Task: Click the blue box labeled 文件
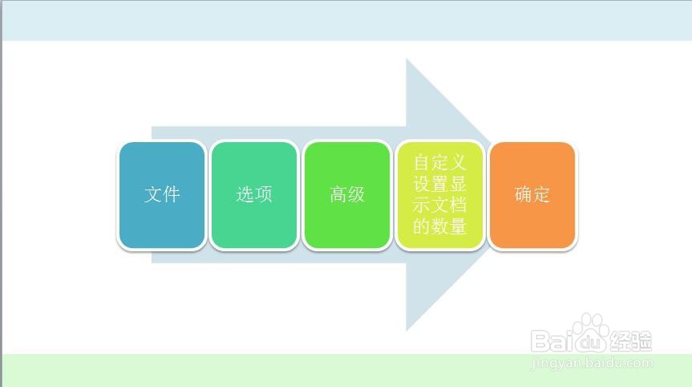(x=162, y=195)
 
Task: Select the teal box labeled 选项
(x=254, y=195)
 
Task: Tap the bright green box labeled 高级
(x=347, y=195)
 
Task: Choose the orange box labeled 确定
(x=532, y=195)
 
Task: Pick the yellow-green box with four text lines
(x=440, y=195)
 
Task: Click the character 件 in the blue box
(x=172, y=194)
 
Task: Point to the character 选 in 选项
(x=245, y=194)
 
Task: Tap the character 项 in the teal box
(x=264, y=194)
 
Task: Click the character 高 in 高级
(x=338, y=194)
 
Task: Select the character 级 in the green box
(x=357, y=194)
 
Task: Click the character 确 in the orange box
(x=523, y=194)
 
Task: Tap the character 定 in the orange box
(x=541, y=194)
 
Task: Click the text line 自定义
(x=440, y=162)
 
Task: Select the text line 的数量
(x=440, y=226)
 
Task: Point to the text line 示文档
(x=440, y=205)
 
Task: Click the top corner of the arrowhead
(x=407, y=59)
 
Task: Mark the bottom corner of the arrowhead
(x=407, y=331)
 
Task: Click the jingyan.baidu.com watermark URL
(x=592, y=363)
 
